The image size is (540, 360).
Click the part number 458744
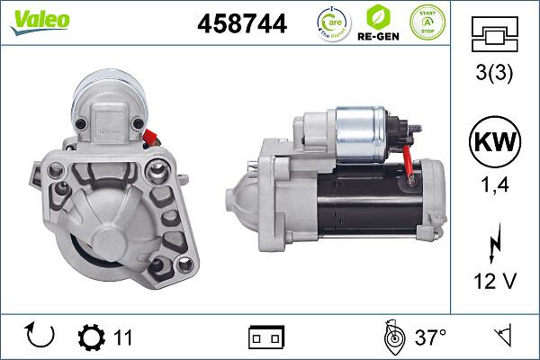[x=241, y=25]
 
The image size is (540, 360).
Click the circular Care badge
[x=333, y=23]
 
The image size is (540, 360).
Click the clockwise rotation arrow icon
[x=41, y=337]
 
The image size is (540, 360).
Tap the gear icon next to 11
[x=91, y=337]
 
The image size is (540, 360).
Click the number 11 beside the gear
[x=122, y=337]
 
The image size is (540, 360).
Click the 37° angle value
[x=430, y=337]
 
